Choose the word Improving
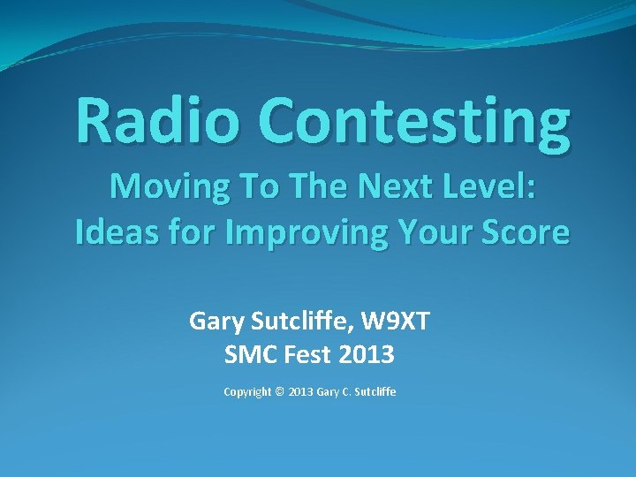(x=296, y=234)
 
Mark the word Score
(x=528, y=232)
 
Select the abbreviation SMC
(x=252, y=355)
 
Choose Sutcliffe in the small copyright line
(x=375, y=391)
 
